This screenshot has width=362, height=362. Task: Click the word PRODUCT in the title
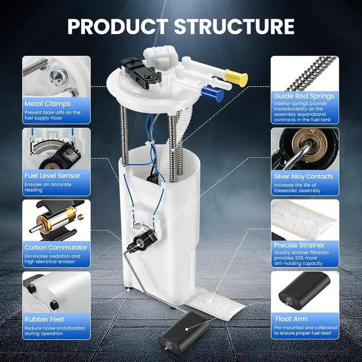[118, 27]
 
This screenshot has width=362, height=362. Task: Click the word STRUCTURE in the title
[234, 27]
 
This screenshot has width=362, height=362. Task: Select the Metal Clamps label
[48, 104]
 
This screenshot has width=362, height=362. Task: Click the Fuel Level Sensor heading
[52, 176]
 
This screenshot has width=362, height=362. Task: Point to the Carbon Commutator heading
[55, 248]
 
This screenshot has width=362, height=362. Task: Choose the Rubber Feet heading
[44, 319]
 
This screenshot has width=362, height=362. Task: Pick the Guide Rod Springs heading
[304, 96]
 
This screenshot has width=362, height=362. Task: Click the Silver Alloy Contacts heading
[303, 176]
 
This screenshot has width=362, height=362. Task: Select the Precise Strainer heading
[299, 245]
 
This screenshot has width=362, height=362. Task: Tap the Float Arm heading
[291, 319]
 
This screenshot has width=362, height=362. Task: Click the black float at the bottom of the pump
[183, 330]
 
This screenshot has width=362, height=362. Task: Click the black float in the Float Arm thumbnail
[304, 290]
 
